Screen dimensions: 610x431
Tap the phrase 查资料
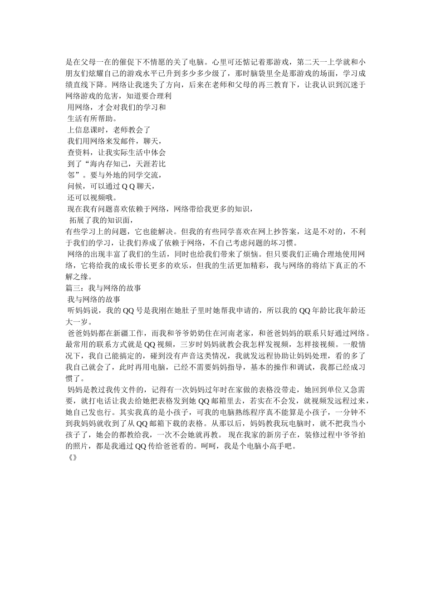78,152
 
